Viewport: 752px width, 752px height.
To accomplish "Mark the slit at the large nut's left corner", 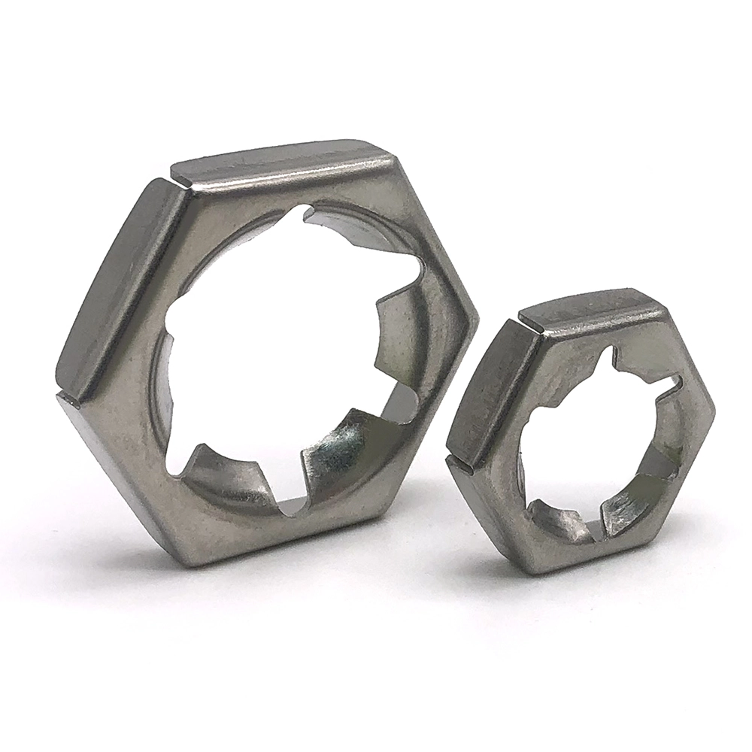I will coord(68,396).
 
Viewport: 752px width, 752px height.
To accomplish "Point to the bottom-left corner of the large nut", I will coord(184,556).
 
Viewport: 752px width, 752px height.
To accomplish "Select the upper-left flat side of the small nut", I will coord(489,391).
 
